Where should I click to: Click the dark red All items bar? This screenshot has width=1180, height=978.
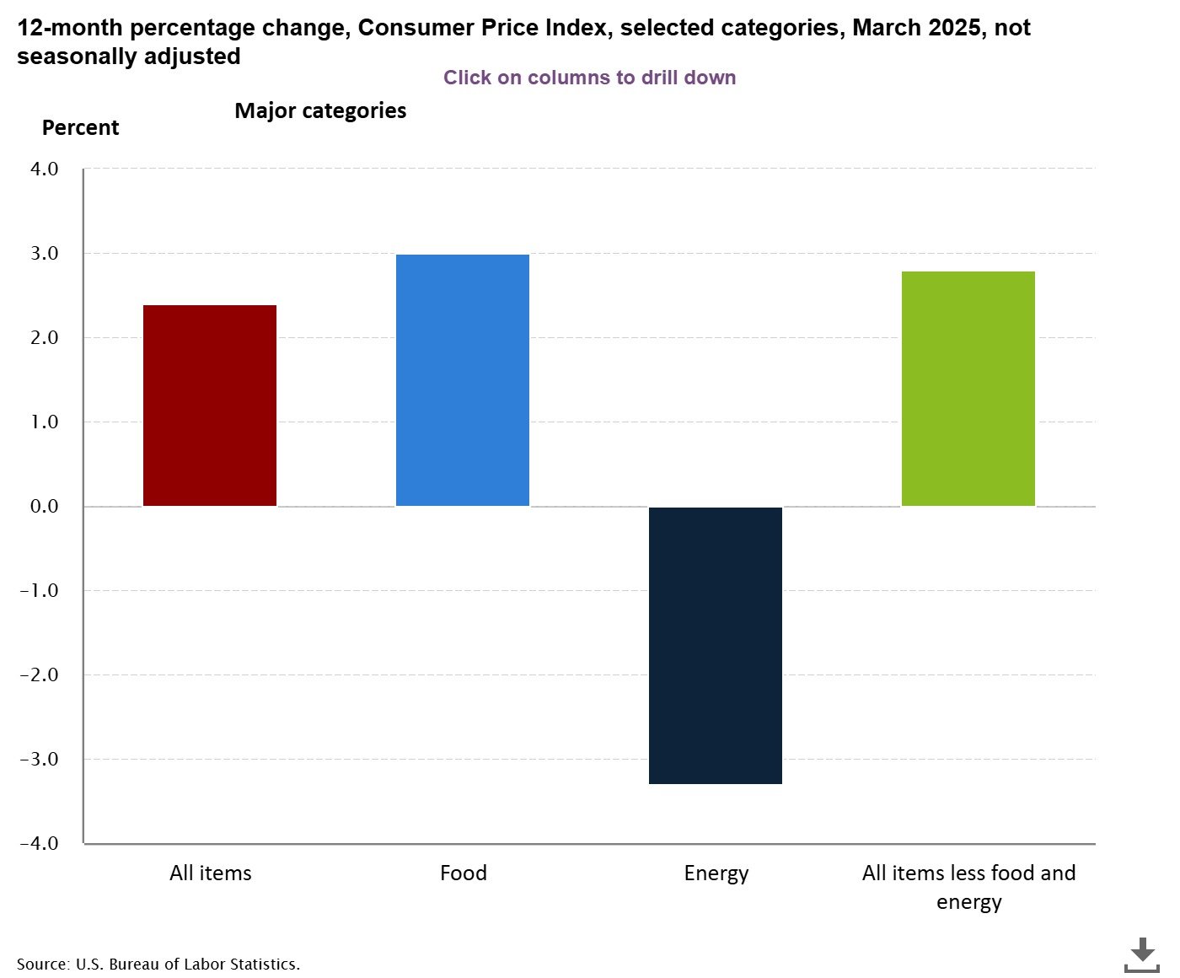point(210,406)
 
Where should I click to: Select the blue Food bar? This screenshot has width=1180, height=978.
point(463,380)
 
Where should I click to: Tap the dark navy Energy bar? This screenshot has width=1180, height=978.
point(716,646)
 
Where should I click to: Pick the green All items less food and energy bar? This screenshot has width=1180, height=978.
point(968,389)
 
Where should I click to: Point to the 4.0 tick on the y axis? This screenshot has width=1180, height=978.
point(44,169)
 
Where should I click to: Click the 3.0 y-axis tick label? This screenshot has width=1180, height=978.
point(44,253)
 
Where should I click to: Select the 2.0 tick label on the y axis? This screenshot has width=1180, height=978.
point(44,337)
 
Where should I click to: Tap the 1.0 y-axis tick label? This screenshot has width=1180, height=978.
point(44,422)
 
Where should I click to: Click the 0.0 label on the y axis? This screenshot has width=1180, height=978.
point(44,506)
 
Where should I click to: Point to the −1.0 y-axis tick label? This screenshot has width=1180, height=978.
point(40,590)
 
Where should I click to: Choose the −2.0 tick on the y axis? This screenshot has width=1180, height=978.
point(40,674)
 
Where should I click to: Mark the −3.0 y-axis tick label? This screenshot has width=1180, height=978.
point(40,759)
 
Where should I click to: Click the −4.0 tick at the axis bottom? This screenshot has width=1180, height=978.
point(40,843)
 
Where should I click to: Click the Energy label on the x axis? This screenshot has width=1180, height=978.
point(716,873)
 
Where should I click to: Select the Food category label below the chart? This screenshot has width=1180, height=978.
point(463,873)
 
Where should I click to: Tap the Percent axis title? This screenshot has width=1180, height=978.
point(80,127)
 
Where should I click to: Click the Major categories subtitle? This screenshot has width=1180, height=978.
point(320,110)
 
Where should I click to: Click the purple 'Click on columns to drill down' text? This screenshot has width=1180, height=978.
point(589,78)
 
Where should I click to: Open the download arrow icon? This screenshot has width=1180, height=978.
point(1142,954)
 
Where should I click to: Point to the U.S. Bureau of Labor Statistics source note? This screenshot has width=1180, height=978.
point(158,964)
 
